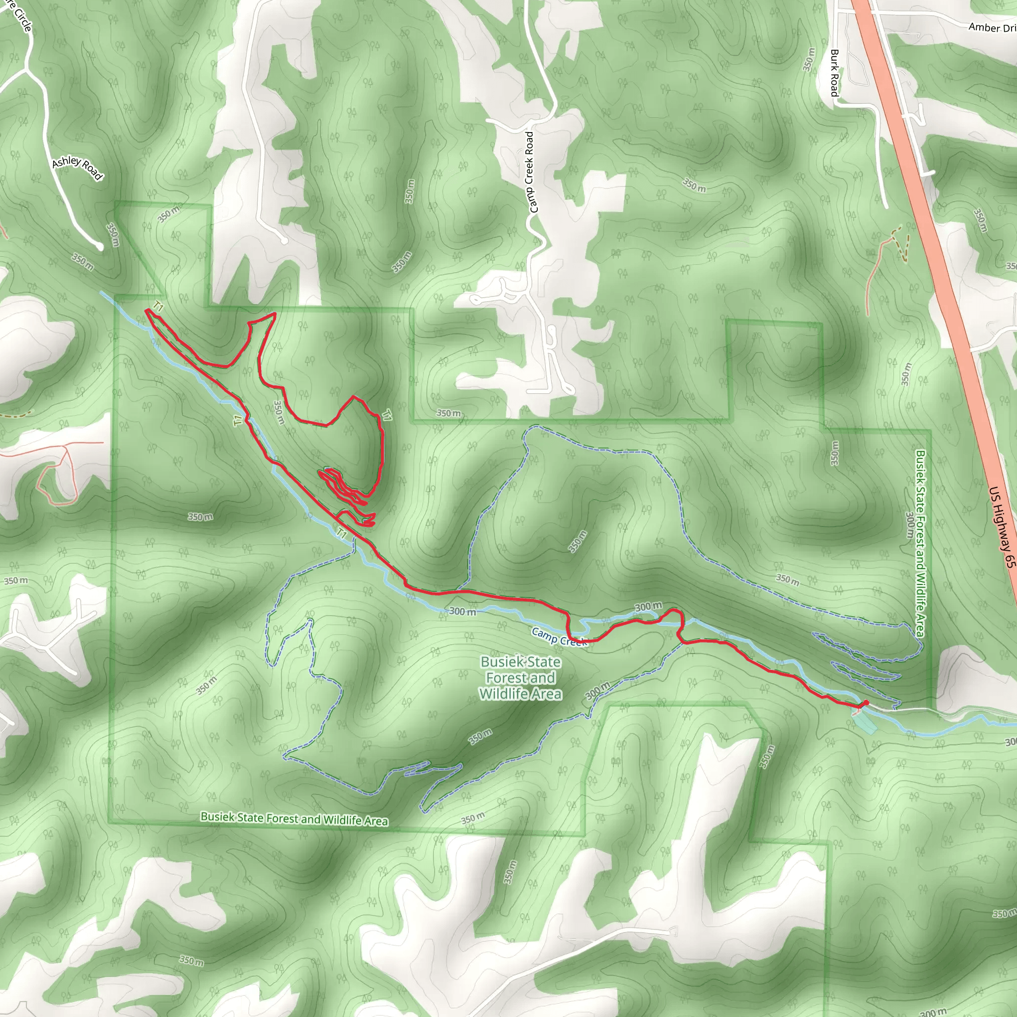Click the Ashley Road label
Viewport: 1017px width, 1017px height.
(x=77, y=168)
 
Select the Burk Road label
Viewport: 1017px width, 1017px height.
(x=834, y=73)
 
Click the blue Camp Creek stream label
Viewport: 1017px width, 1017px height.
(x=559, y=637)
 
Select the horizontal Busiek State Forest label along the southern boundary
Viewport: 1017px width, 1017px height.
(x=294, y=818)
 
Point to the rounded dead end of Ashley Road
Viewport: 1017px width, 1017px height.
(x=99, y=246)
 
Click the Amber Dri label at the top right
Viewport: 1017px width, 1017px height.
(x=992, y=27)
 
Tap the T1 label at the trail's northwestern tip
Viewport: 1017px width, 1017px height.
(x=158, y=306)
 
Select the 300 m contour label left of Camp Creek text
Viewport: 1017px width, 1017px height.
(x=463, y=611)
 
